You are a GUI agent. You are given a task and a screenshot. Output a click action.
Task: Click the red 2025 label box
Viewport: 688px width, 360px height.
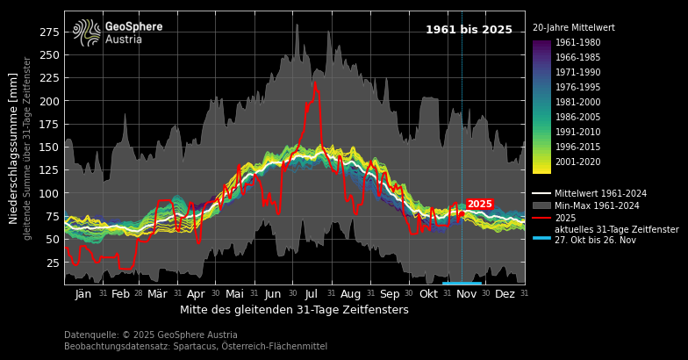(x=480, y=204)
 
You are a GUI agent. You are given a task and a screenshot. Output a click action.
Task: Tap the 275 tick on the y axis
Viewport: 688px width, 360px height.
(x=49, y=32)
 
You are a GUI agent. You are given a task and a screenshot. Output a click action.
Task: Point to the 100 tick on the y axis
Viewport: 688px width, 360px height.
(x=49, y=193)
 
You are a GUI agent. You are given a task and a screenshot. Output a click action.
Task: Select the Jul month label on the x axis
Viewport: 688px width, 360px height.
(x=312, y=294)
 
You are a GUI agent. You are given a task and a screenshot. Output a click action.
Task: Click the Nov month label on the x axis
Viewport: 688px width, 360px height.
(x=466, y=294)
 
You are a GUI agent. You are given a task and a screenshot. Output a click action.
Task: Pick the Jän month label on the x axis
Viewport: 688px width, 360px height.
(x=83, y=294)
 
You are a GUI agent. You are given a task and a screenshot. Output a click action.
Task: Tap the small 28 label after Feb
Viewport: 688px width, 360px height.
(x=138, y=294)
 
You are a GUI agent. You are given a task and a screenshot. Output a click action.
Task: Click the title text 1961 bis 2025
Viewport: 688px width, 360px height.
(x=469, y=30)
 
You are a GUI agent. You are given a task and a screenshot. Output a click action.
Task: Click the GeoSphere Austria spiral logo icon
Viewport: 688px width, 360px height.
(x=88, y=32)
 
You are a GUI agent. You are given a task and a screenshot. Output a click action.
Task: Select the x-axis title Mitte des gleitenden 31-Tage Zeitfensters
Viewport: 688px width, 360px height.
(x=294, y=310)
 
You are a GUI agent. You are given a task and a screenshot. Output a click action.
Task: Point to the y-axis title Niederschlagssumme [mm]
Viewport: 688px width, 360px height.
(x=14, y=148)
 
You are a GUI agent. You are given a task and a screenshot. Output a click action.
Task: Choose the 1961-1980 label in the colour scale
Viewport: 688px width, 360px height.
(x=577, y=43)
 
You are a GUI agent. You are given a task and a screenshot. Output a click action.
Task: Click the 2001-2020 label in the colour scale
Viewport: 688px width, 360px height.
(x=577, y=162)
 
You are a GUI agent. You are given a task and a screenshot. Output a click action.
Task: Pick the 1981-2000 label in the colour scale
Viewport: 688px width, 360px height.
(x=577, y=103)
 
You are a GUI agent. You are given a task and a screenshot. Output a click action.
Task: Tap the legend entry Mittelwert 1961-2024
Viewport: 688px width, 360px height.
(x=600, y=193)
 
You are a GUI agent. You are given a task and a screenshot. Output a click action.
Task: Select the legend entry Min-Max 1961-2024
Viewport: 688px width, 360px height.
(x=597, y=205)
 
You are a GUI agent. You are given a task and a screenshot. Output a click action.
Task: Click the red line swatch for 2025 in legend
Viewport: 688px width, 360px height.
(x=541, y=218)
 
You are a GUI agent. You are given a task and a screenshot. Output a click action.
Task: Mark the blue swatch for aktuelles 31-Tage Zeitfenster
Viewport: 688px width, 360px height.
(x=541, y=237)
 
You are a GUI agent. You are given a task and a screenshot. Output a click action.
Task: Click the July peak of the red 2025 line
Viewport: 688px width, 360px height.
(x=315, y=83)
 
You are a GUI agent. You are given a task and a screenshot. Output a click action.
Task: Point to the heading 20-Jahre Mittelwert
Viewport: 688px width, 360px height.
(x=574, y=28)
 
